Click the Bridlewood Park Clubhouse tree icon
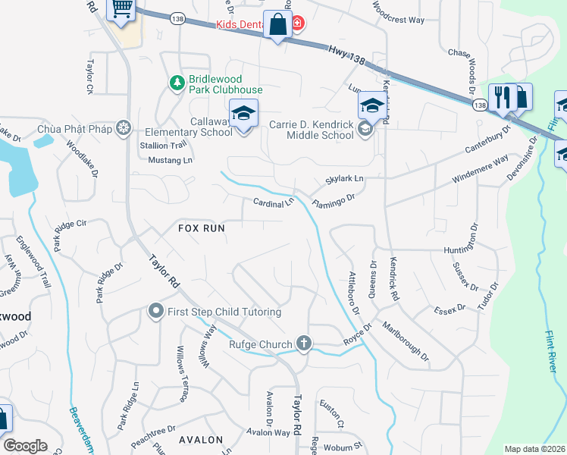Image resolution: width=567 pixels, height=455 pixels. tap(177, 82)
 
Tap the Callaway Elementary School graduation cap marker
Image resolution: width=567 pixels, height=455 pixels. tap(243, 115)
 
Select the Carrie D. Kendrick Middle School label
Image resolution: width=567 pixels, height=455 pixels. tap(312, 129)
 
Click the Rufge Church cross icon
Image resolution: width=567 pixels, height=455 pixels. tap(303, 344)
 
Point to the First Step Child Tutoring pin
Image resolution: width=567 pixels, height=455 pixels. tap(156, 311)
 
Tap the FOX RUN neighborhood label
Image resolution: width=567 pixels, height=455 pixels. tap(202, 227)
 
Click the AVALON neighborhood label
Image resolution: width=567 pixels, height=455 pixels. tap(201, 440)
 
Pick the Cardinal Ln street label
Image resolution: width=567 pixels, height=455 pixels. tap(273, 203)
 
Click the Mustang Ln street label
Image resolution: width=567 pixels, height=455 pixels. tap(170, 160)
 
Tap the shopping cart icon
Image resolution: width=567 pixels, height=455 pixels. tap(121, 9)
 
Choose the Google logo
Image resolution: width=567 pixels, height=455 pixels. tap(25, 446)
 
